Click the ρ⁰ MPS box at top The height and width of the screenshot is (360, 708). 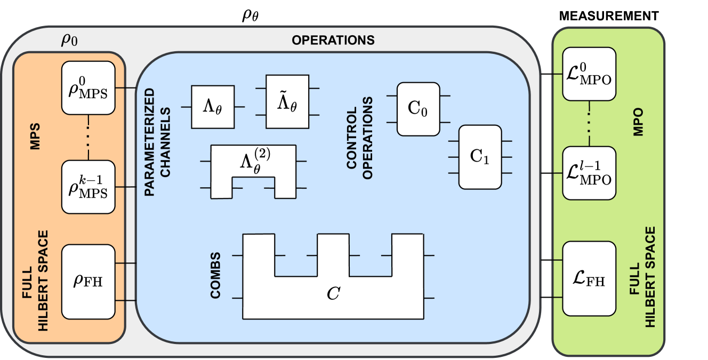(88, 87)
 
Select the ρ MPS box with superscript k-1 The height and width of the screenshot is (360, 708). (88, 187)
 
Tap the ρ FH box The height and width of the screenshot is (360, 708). (88, 281)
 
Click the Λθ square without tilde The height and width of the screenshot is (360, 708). (213, 107)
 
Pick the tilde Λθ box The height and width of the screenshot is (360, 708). (287, 101)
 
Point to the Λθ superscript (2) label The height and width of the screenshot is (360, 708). (253, 162)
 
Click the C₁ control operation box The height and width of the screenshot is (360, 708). (480, 157)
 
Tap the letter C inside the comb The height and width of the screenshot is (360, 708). (333, 293)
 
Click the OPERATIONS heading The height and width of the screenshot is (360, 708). (333, 40)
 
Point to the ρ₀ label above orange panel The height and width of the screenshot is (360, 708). (70, 40)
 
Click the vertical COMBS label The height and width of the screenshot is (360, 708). (215, 275)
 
